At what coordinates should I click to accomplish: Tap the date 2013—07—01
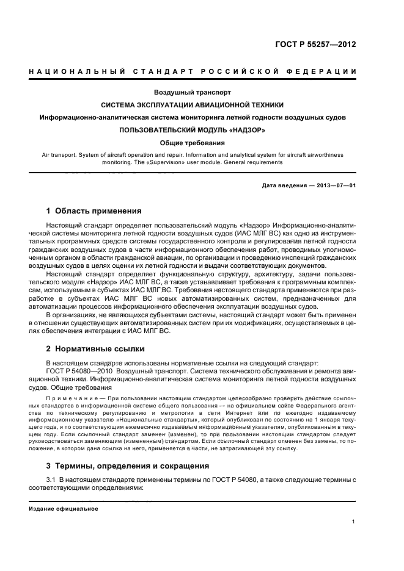pos(336,186)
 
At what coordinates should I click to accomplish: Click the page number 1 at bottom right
pos(354,521)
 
